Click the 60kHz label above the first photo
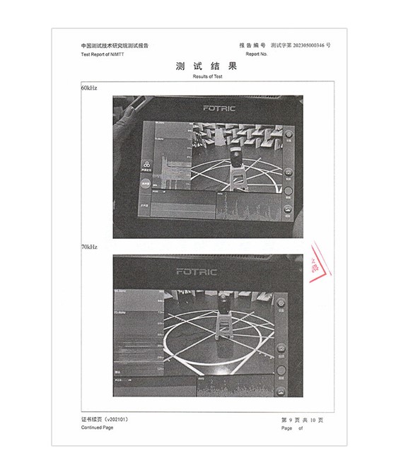pyautogui.click(x=88, y=89)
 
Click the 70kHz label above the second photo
pyautogui.click(x=88, y=247)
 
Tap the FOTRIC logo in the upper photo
pyautogui.click(x=219, y=109)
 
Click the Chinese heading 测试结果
pyautogui.click(x=207, y=66)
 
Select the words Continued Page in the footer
pyautogui.click(x=96, y=428)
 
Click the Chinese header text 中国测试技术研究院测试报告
pyautogui.click(x=115, y=46)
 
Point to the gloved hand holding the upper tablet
pyautogui.click(x=127, y=138)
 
